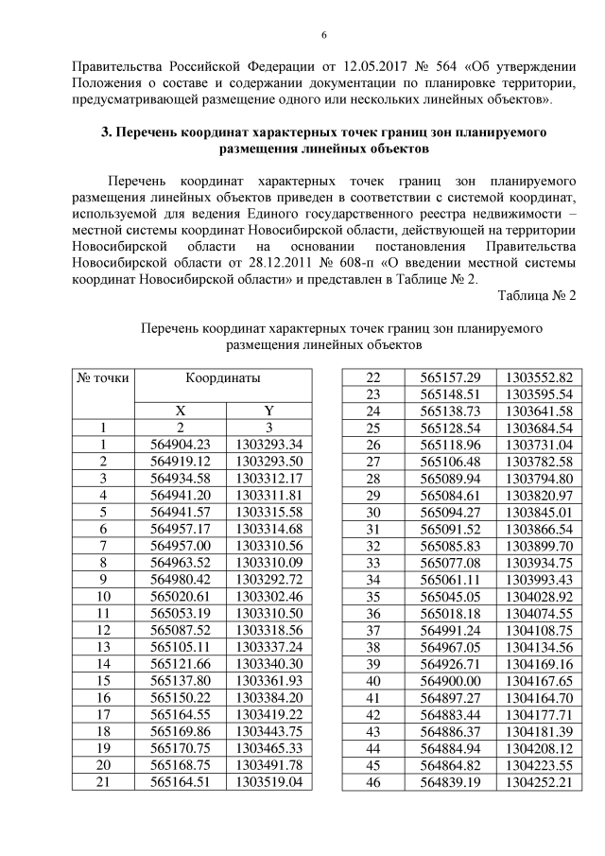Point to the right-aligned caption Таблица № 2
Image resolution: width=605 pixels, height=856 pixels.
[537, 296]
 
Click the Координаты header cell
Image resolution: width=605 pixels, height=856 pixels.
[222, 377]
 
